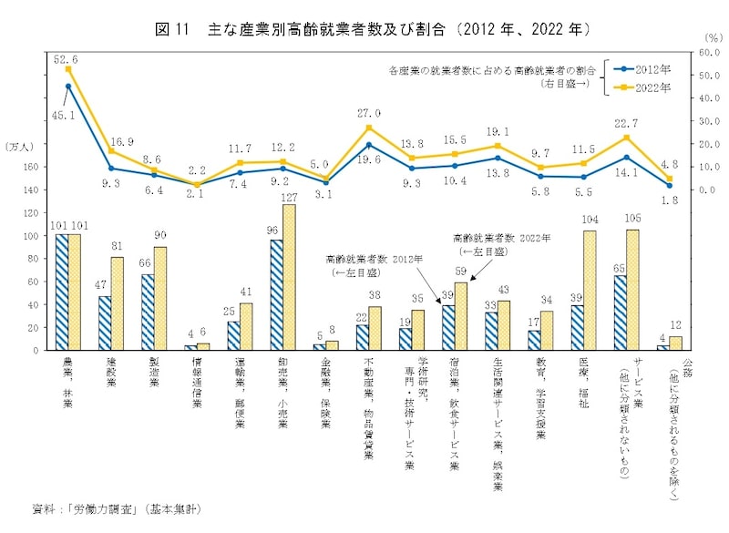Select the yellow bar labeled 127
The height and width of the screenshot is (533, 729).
[290, 277]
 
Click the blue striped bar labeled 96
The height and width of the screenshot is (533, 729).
[276, 294]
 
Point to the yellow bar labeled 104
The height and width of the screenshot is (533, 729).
[590, 290]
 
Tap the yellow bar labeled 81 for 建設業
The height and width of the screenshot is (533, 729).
[118, 303]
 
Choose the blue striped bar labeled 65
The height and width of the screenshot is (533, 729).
[621, 313]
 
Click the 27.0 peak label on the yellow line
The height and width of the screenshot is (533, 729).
[369, 114]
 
